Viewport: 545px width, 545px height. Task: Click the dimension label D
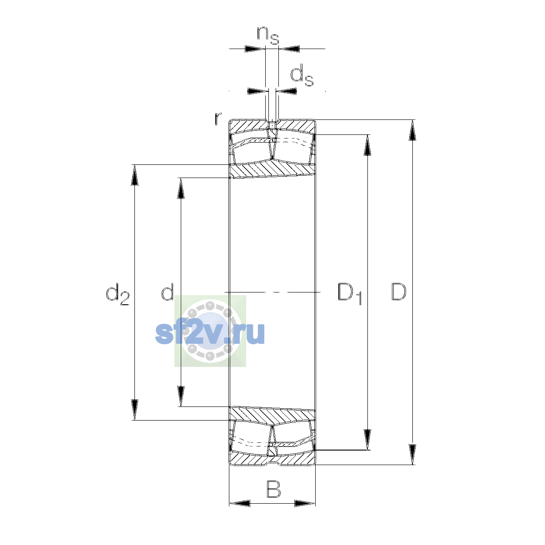tap(398, 292)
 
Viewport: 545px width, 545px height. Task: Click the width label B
tap(274, 489)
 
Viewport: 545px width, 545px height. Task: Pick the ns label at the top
tap(268, 35)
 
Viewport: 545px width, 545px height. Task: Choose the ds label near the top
tap(302, 75)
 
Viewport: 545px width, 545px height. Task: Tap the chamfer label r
tap(218, 118)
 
